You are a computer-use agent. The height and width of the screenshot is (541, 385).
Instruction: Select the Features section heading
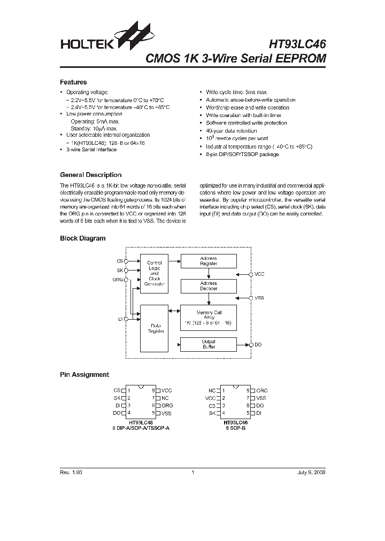click(73, 82)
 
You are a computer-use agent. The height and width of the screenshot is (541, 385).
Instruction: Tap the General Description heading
click(90, 175)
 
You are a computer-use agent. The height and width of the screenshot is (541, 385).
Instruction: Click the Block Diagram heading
click(82, 238)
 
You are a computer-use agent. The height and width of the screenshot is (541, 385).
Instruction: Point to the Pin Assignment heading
click(84, 375)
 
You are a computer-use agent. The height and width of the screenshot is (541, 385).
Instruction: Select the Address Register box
click(209, 261)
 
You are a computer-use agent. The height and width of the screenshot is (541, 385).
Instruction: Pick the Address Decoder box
click(209, 286)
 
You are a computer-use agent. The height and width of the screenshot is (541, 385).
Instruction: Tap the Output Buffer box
click(209, 344)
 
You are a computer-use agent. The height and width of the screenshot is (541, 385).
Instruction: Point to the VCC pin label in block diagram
click(259, 274)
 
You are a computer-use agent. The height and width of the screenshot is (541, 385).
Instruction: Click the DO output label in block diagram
click(258, 345)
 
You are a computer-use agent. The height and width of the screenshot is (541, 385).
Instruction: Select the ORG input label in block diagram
click(117, 280)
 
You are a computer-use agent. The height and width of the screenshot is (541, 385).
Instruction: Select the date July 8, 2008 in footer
click(311, 473)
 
